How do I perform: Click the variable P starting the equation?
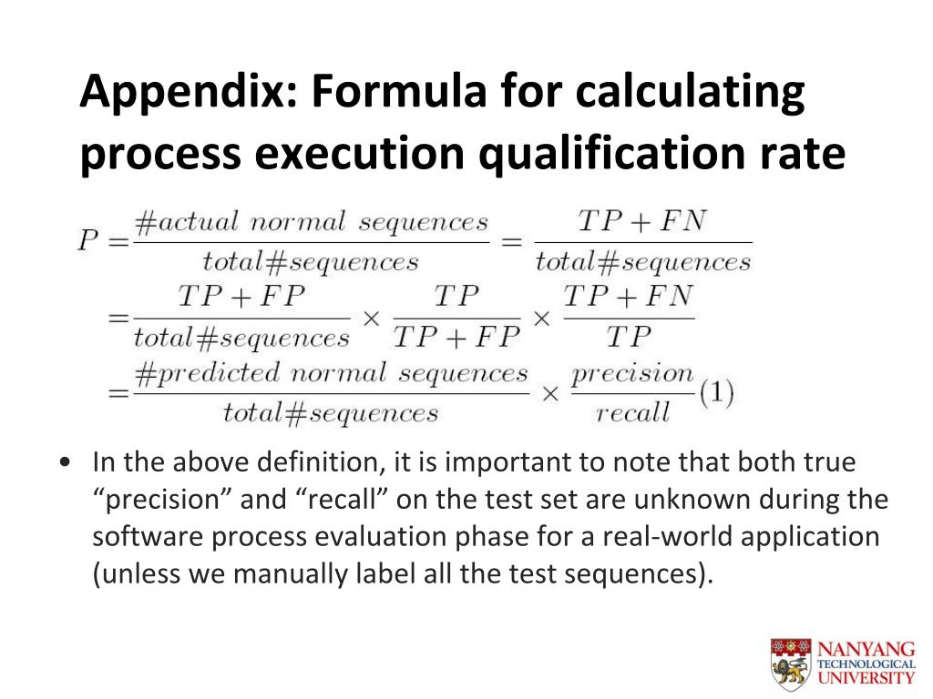(x=88, y=240)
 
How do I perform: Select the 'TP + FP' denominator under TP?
(x=456, y=338)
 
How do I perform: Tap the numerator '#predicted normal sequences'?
(x=331, y=373)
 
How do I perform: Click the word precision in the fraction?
(x=632, y=373)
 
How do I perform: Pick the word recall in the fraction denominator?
(x=632, y=412)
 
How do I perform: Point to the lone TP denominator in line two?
(x=629, y=338)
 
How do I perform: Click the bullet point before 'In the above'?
(x=65, y=462)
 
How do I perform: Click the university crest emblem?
(x=789, y=662)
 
